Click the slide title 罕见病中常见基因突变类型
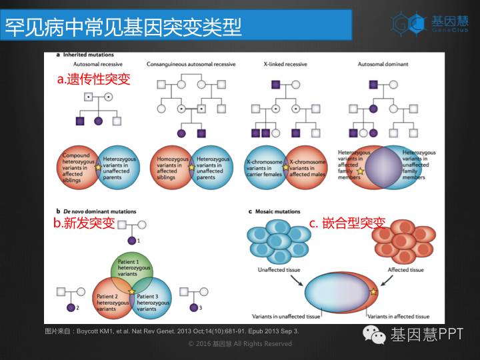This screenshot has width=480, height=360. click(x=123, y=27)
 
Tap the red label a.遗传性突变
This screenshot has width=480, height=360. click(x=93, y=79)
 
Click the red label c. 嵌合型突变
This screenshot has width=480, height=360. click(x=347, y=223)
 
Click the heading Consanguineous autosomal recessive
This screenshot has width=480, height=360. click(x=191, y=65)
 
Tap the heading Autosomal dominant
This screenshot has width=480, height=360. click(x=383, y=65)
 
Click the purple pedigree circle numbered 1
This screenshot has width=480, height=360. click(x=132, y=240)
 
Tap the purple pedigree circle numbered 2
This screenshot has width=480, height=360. click(x=70, y=308)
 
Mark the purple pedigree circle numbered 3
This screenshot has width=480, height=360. click(x=193, y=308)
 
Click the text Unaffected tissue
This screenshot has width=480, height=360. click(x=279, y=270)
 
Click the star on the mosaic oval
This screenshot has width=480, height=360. click(x=373, y=292)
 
